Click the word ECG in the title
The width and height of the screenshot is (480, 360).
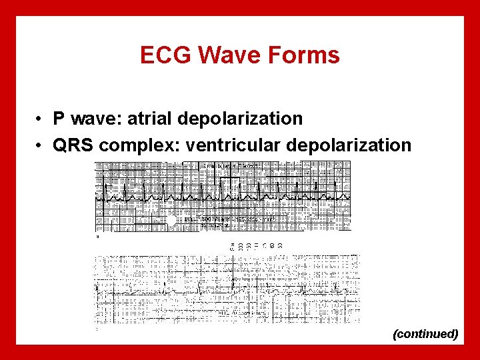163,55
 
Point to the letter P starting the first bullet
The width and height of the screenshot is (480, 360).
59,119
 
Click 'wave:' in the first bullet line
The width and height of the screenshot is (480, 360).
96,119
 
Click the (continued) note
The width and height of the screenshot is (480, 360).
425,333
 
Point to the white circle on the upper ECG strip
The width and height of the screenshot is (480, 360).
171,219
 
